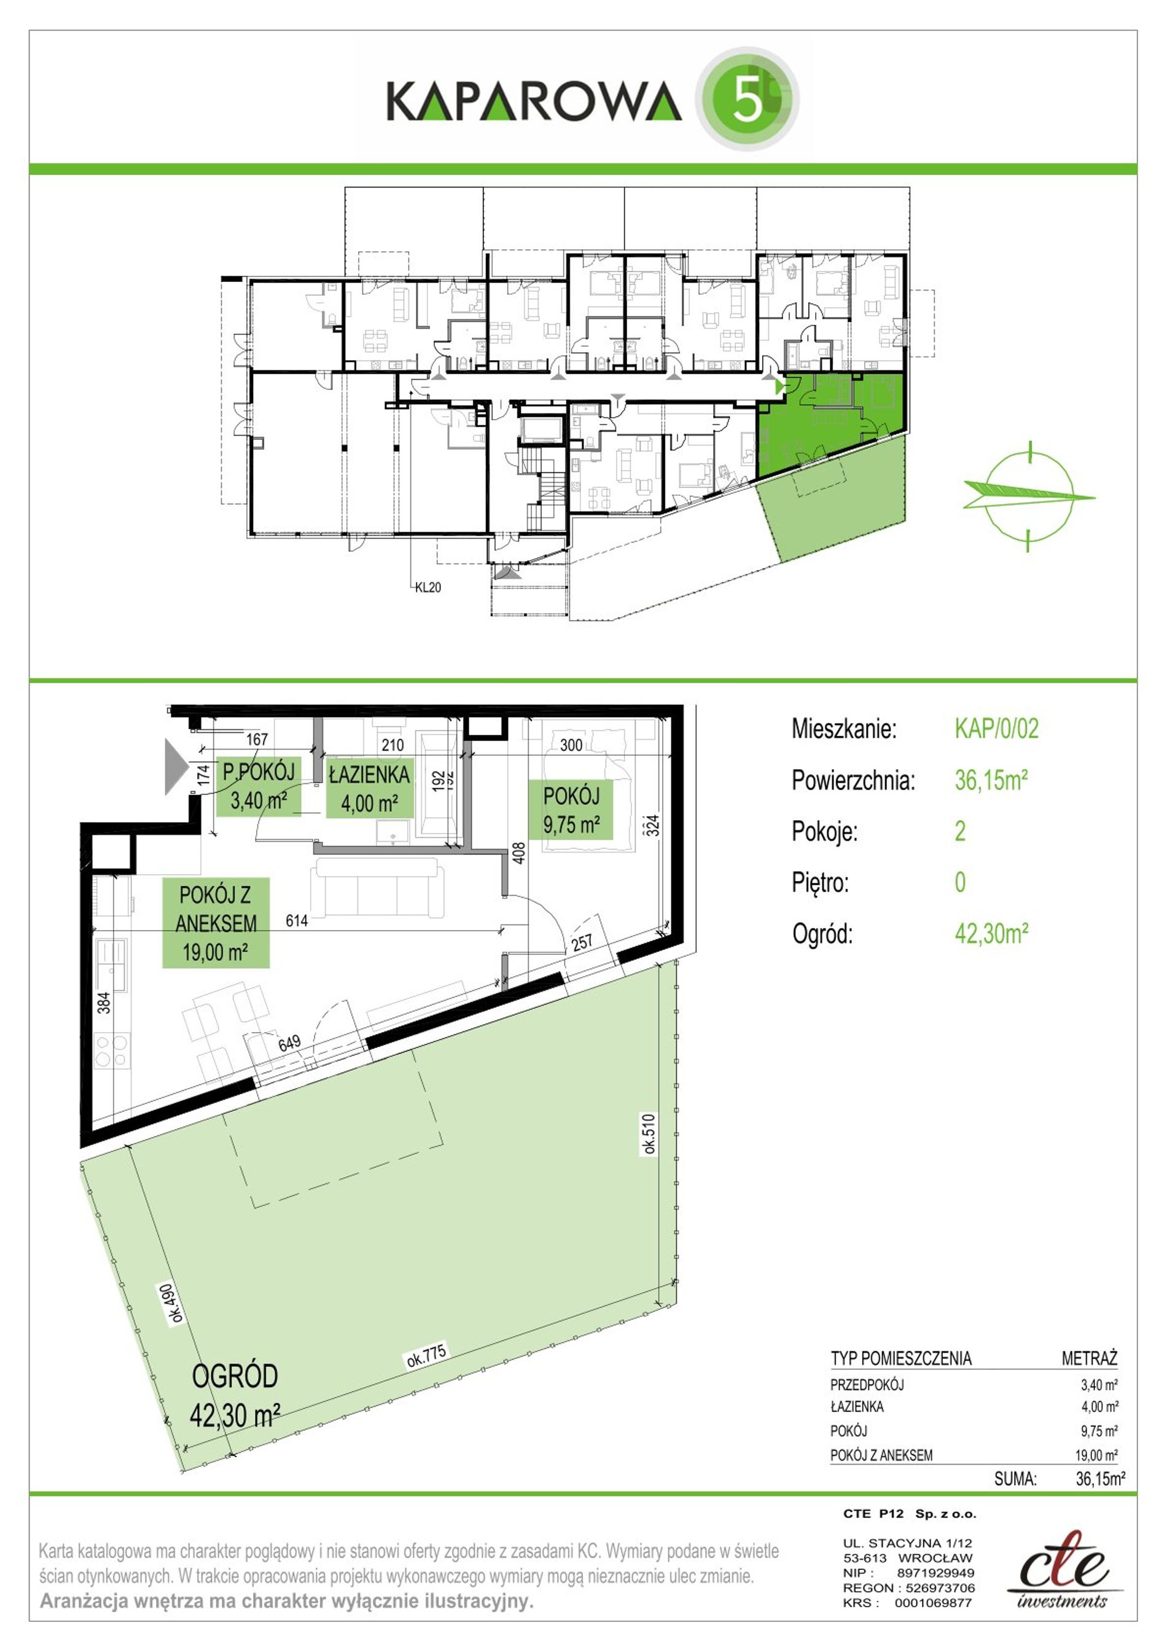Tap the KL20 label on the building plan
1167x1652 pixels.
pyautogui.click(x=428, y=587)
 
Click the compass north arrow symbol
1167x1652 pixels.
pyautogui.click(x=1029, y=496)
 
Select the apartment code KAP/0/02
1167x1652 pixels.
pyautogui.click(x=996, y=728)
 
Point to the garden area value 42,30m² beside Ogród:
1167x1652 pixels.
pyautogui.click(x=991, y=933)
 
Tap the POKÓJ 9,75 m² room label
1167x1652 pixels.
pyautogui.click(x=571, y=810)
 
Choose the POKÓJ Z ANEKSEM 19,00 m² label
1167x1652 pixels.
pyautogui.click(x=216, y=923)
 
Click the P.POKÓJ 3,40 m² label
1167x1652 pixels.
pyautogui.click(x=259, y=786)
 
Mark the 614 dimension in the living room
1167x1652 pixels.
pyautogui.click(x=297, y=920)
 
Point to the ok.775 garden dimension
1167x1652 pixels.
pyautogui.click(x=427, y=1355)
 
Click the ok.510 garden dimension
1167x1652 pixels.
pyautogui.click(x=649, y=1134)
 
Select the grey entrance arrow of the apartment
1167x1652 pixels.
pyautogui.click(x=176, y=766)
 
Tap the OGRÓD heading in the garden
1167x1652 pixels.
pyautogui.click(x=235, y=1375)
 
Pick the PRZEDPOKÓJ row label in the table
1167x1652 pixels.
pyautogui.click(x=867, y=1384)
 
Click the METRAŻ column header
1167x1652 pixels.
pyautogui.click(x=1089, y=1358)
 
